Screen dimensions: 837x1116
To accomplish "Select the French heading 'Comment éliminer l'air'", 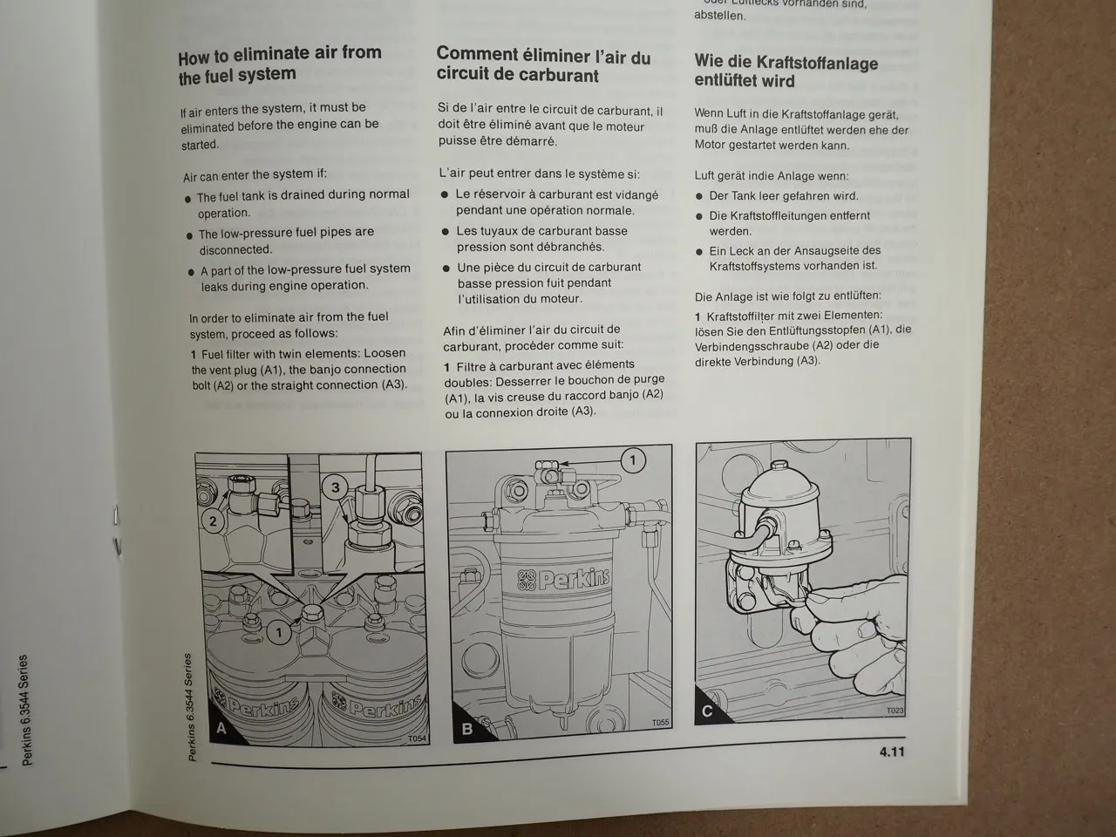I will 543,65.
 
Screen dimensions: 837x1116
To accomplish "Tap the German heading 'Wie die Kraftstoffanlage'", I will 786,71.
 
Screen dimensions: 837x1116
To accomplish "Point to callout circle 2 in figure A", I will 212,522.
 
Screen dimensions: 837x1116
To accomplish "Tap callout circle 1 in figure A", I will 279,629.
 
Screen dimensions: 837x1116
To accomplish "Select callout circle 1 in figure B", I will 633,459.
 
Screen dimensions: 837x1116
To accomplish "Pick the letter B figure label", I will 466,727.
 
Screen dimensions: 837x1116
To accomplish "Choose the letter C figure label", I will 707,711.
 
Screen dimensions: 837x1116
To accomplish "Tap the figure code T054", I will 417,738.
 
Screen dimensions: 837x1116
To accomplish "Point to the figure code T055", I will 660,723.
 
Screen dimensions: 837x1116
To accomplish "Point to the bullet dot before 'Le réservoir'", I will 445,195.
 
